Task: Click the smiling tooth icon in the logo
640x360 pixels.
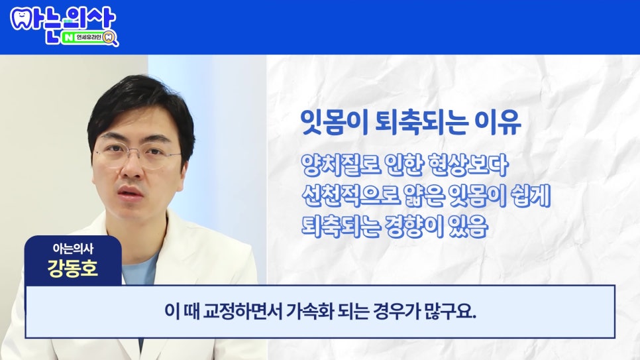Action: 22,19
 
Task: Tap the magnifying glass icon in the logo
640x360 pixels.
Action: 110,38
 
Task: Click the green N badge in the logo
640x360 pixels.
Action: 68,38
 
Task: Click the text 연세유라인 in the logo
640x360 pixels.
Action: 89,38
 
